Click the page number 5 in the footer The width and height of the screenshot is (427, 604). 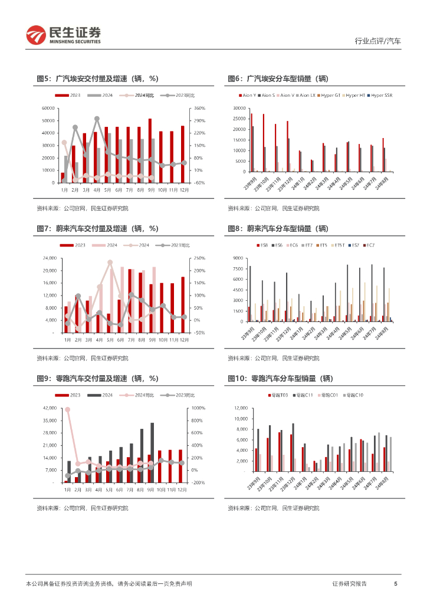396,583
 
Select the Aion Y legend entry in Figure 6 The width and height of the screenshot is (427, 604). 248,95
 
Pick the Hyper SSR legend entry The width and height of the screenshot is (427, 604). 380,95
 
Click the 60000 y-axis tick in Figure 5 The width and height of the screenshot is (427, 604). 48,109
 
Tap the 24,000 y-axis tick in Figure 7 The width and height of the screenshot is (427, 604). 48,258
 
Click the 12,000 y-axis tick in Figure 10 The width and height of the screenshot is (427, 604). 239,408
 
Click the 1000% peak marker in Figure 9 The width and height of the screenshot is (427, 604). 68,409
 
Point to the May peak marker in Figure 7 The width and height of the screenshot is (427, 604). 110,262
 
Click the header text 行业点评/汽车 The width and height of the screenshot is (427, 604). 377,41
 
